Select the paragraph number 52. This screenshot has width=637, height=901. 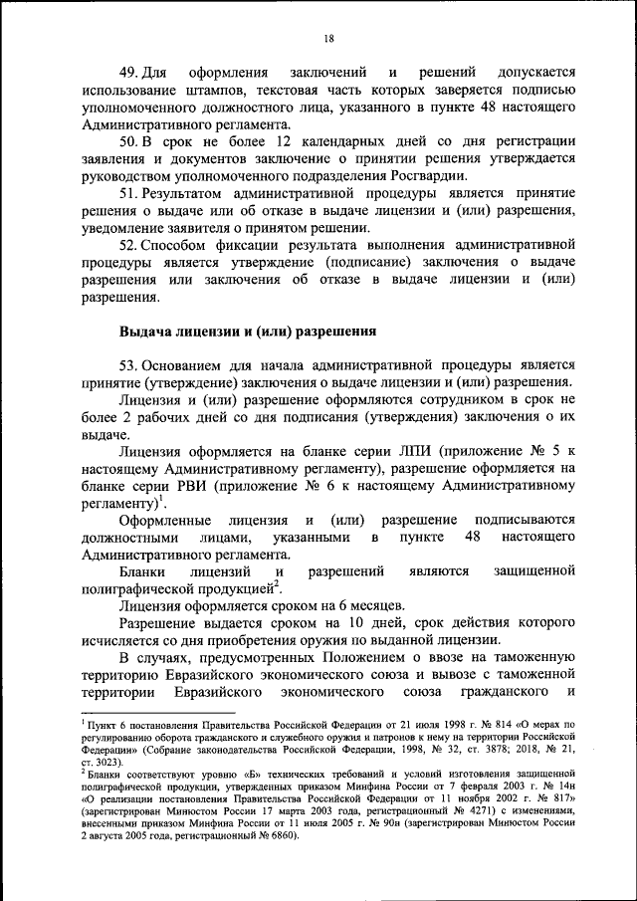(127, 244)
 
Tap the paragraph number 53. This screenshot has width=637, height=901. (127, 362)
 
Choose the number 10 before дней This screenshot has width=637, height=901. (319, 622)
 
